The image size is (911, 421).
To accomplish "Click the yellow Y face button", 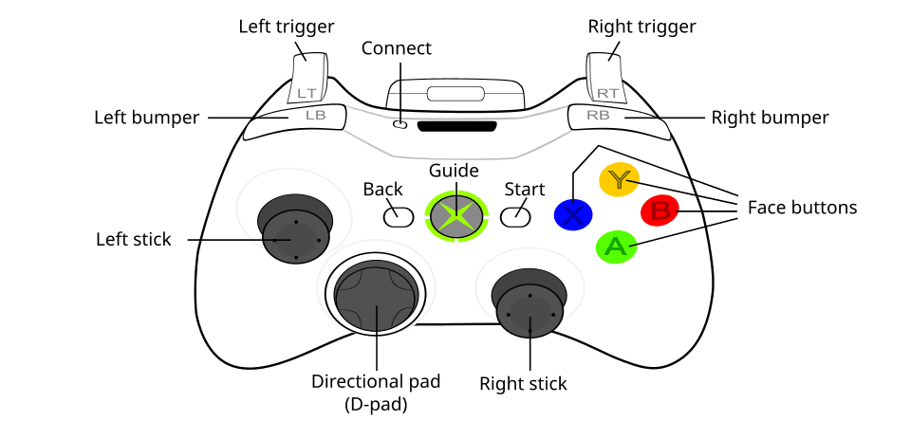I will pos(619,180).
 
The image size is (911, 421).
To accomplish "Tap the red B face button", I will pos(660,211).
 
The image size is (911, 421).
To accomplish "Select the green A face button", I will pos(615,247).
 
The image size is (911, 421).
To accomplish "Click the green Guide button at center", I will pos(456,215).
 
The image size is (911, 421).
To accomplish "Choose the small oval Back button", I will pos(398,216).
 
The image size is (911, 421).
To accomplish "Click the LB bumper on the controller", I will pos(304,117).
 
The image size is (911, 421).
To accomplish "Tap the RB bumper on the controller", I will pos(604,117).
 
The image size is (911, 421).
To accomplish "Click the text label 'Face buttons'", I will pos(802,207).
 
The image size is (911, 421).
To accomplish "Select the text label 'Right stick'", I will pos(523,384).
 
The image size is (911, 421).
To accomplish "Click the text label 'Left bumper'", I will pos(146,119).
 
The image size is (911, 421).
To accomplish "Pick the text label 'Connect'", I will pos(397,47).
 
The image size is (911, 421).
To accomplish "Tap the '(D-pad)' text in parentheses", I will pos(376,404).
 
